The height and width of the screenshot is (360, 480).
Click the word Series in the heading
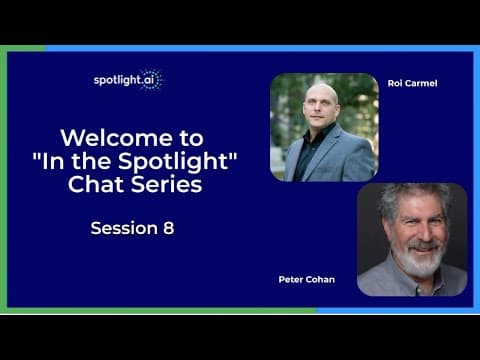(166, 184)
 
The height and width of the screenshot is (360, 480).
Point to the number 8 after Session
(169, 228)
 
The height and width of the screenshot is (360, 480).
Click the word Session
(124, 228)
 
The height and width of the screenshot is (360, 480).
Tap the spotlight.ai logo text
(124, 80)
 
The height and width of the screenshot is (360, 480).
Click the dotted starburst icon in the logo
(151, 80)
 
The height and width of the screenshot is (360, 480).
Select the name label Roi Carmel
(412, 83)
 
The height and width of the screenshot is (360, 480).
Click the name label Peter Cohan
(307, 279)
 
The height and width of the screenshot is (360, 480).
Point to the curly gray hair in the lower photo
(412, 199)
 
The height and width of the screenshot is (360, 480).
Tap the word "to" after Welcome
(192, 138)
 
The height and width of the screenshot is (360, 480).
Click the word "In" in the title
(53, 161)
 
